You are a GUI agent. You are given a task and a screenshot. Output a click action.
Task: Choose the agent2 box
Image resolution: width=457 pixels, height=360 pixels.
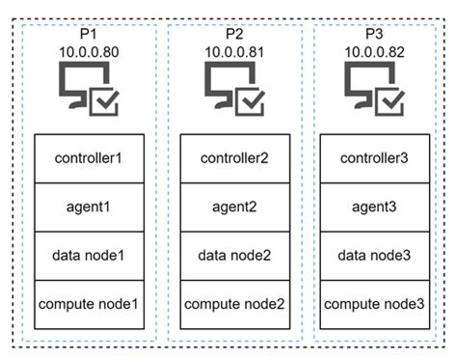click(x=235, y=207)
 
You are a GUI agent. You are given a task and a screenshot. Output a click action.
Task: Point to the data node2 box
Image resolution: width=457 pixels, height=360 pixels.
click(x=235, y=256)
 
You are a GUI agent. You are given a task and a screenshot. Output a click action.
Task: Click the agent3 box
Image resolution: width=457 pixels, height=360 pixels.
click(x=377, y=207)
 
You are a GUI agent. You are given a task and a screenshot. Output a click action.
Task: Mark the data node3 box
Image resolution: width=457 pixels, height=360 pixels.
click(x=377, y=256)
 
